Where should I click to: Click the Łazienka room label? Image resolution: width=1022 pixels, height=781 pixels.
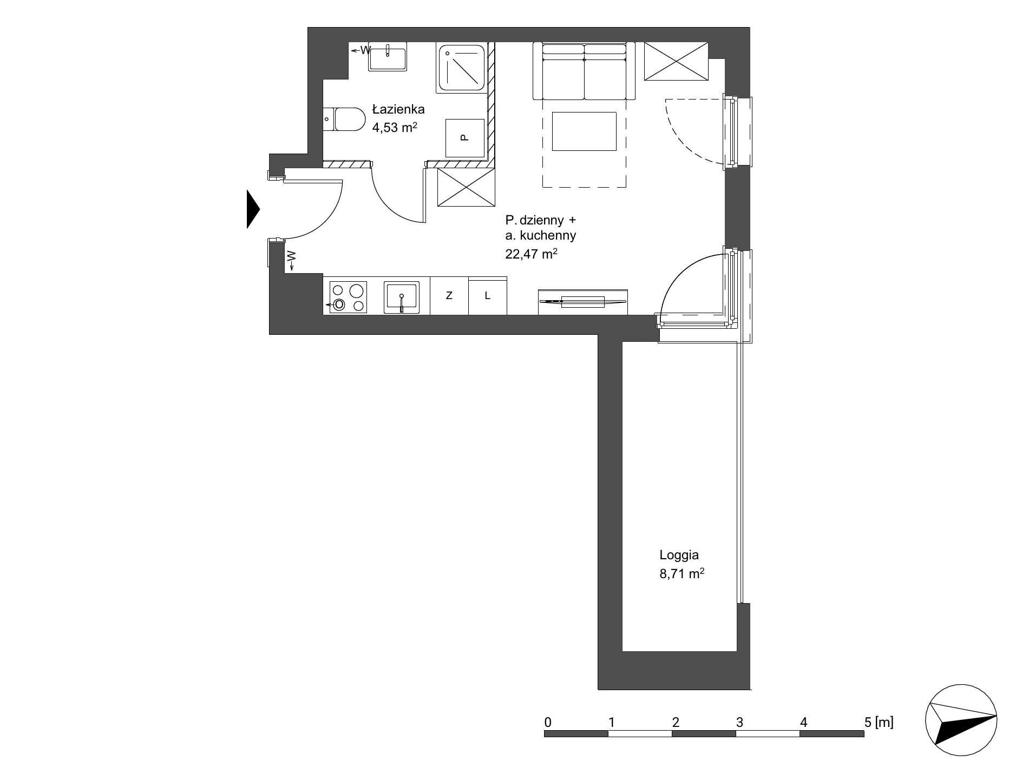[398, 110]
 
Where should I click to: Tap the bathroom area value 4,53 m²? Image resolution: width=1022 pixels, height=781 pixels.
[395, 128]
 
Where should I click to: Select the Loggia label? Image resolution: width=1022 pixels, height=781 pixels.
[679, 555]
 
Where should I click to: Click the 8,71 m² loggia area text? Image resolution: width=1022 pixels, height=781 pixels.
[682, 574]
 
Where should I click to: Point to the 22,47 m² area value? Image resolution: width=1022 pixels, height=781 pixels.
[532, 253]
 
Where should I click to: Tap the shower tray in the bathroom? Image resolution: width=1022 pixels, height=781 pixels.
[461, 68]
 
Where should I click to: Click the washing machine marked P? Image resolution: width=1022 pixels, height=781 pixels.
[464, 138]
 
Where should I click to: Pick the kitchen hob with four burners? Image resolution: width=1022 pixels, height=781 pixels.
[348, 297]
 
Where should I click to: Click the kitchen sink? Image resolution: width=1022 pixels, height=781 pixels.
[401, 297]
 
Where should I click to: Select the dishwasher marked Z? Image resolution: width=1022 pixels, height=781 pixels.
[449, 295]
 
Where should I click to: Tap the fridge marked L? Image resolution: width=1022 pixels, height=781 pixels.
[488, 295]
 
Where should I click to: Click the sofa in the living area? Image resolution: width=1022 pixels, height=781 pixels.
[584, 71]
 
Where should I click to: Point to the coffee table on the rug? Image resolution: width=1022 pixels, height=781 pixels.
[584, 131]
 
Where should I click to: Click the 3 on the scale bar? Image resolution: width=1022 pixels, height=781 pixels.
[739, 722]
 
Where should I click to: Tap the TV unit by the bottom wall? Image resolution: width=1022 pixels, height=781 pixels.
[583, 302]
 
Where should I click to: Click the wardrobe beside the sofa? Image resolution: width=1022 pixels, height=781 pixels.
[676, 62]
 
